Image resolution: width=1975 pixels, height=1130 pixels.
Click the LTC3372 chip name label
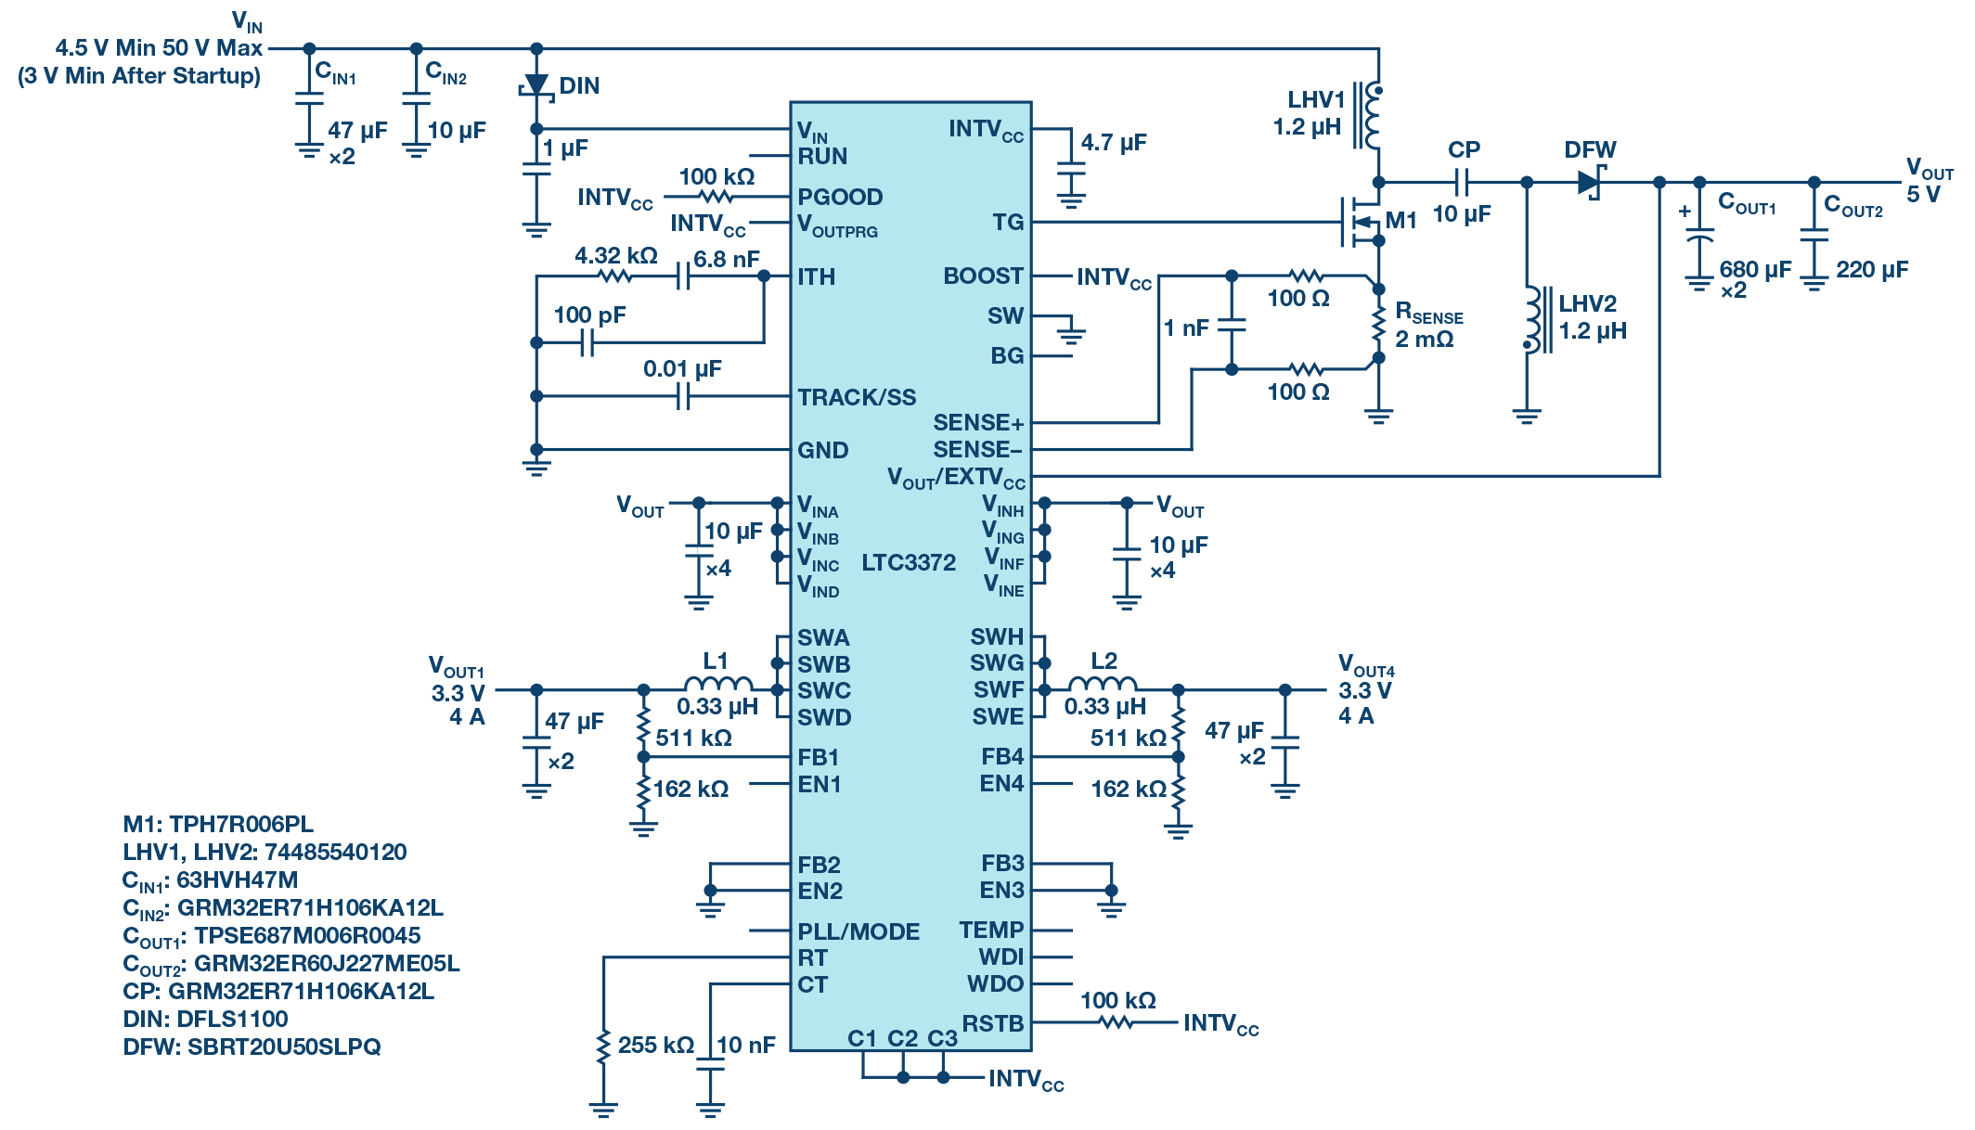(908, 562)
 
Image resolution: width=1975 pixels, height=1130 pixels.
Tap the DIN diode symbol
(536, 85)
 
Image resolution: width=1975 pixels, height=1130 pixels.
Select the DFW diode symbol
(1591, 182)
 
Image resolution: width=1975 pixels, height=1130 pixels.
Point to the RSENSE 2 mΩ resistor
(1378, 323)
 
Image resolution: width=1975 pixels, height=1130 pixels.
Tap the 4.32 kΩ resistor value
(615, 255)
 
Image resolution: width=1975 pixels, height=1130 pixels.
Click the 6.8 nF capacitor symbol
(683, 276)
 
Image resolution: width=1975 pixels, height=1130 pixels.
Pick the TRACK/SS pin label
(856, 397)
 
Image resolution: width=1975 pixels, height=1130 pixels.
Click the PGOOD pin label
(840, 197)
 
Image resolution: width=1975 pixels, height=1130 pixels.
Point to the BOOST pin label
(983, 276)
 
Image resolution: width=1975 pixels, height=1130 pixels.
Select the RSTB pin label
(992, 1023)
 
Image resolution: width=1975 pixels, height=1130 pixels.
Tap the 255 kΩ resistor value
(655, 1045)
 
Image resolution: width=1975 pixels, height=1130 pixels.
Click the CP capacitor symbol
(1463, 183)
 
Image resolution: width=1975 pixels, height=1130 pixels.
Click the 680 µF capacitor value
(1754, 269)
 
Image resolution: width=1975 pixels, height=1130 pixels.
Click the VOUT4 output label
(1365, 664)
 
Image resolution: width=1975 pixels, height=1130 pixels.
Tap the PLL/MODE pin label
(858, 931)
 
